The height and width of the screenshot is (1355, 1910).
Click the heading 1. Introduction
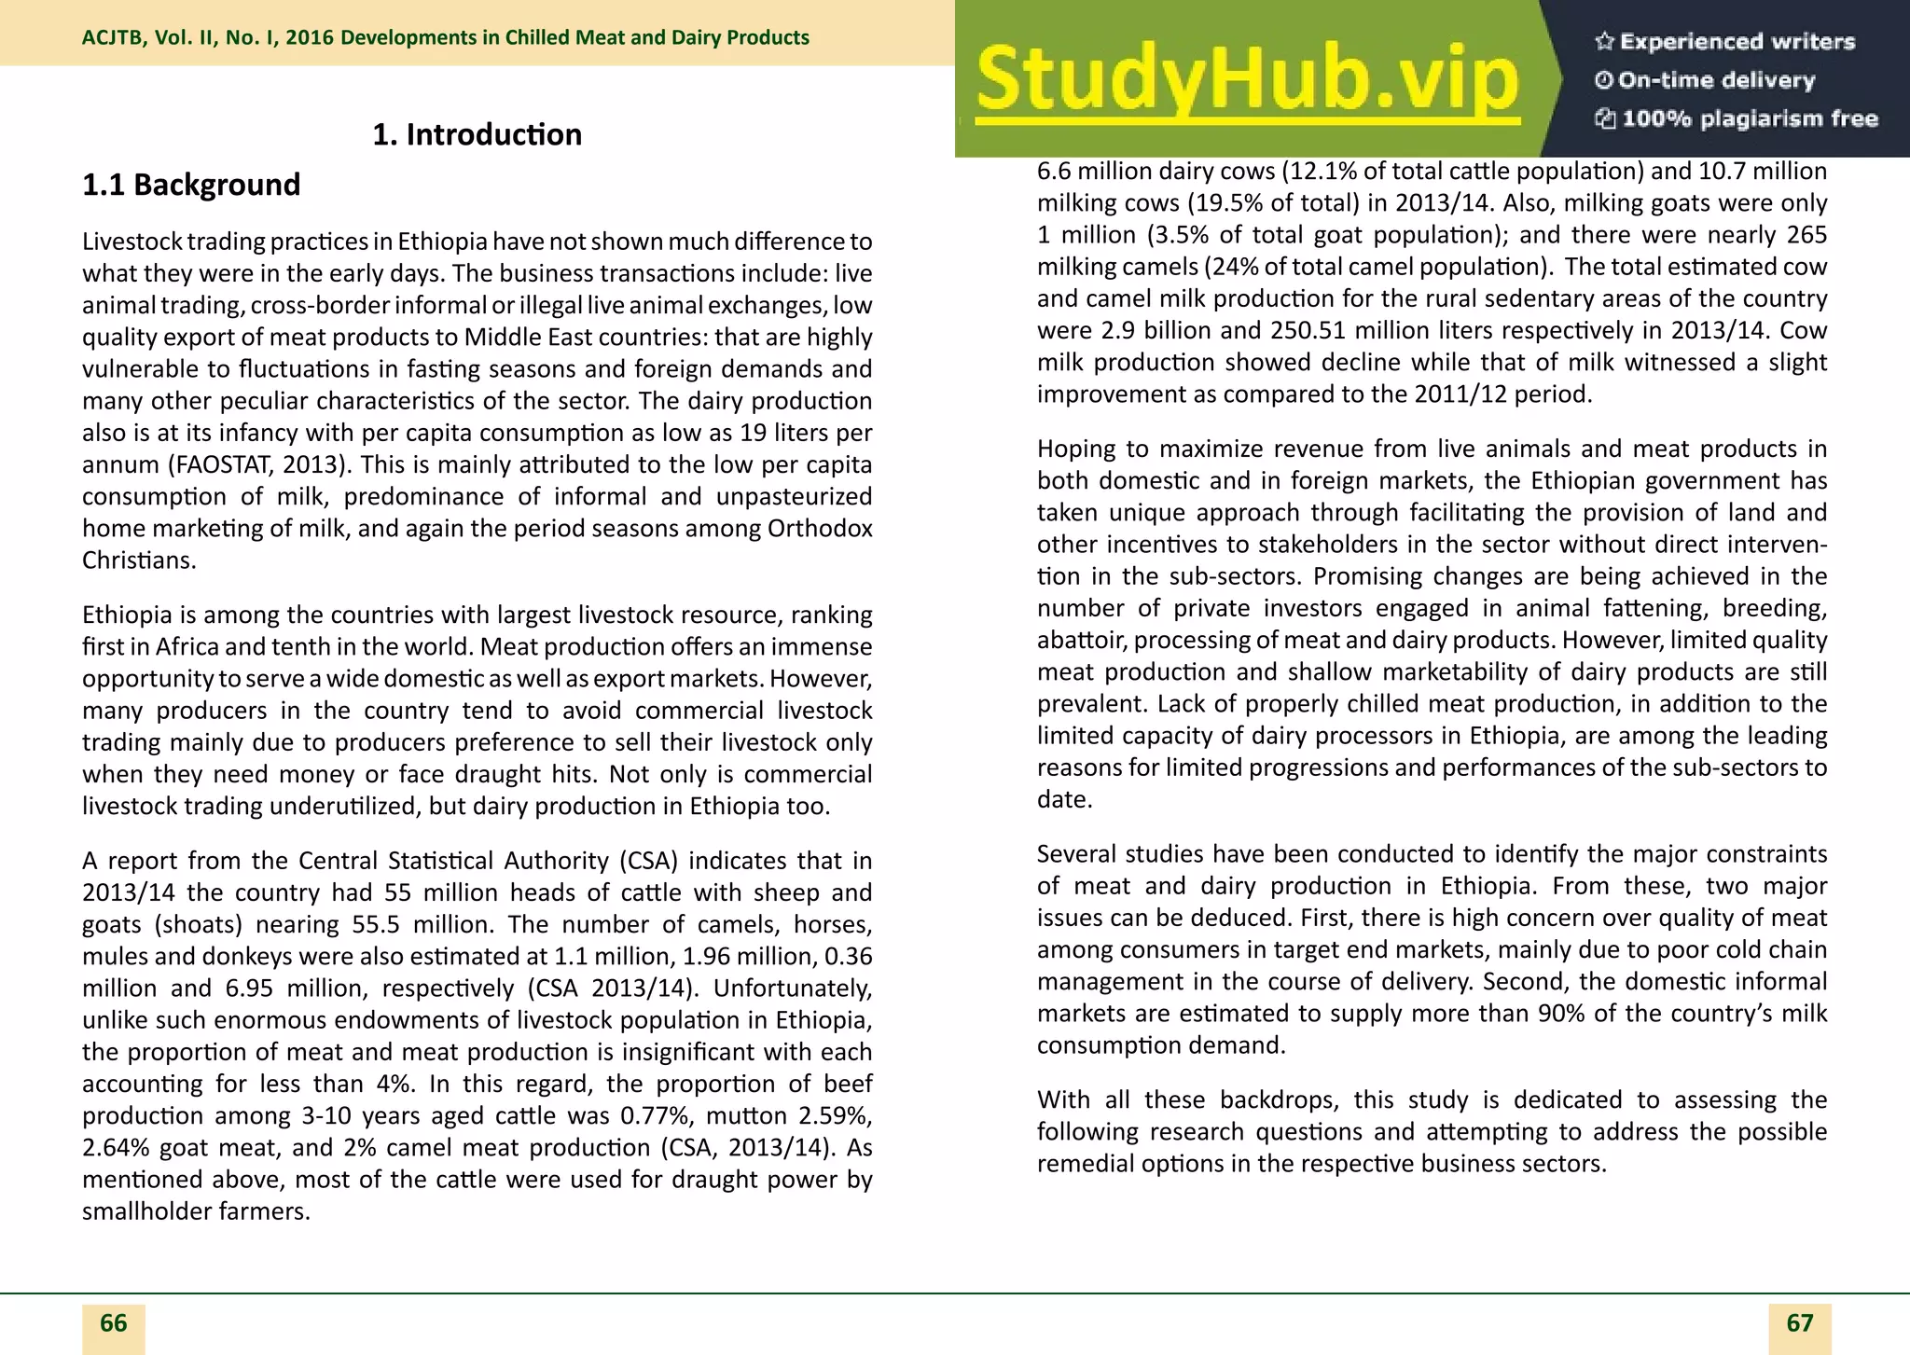tap(477, 135)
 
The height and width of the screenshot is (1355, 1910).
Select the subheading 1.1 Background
tap(191, 185)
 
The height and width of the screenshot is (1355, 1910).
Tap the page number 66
tap(113, 1323)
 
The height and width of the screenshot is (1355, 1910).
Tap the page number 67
tap(1799, 1323)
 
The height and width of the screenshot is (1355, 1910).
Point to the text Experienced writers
tap(1737, 41)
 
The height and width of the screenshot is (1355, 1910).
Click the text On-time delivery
tap(1716, 80)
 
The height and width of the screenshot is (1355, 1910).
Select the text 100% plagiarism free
tap(1749, 118)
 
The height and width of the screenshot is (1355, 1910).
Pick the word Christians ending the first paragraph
tap(139, 560)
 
